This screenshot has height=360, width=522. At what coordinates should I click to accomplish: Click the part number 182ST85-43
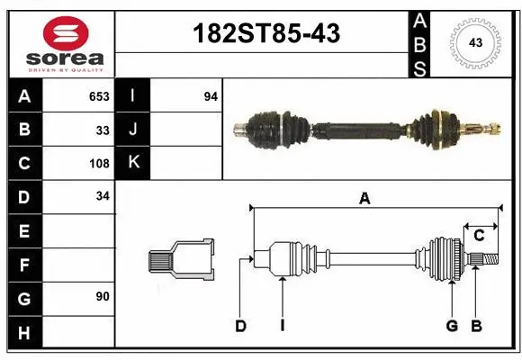point(267,35)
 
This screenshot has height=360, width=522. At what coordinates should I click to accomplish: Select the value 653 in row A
point(99,96)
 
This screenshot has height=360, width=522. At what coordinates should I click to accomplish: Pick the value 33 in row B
point(103,130)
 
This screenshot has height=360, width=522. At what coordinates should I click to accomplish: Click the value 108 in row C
point(99,164)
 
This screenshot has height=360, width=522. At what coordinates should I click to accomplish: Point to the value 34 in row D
point(103,195)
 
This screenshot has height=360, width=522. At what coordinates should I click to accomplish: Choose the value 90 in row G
point(103,296)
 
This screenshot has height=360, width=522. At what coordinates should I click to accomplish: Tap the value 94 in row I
point(211,96)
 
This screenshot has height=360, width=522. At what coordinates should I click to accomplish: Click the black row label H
point(24,333)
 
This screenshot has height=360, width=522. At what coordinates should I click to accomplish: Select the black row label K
point(133,163)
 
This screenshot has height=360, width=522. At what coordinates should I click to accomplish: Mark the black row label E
point(24,231)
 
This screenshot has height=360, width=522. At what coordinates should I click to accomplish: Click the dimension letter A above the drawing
point(364,200)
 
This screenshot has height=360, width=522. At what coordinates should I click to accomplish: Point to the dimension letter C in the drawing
point(479,236)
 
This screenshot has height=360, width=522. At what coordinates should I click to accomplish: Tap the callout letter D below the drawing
point(240,326)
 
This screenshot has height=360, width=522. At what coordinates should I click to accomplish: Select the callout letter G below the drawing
point(452,326)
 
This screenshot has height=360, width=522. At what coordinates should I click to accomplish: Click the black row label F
point(24,265)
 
